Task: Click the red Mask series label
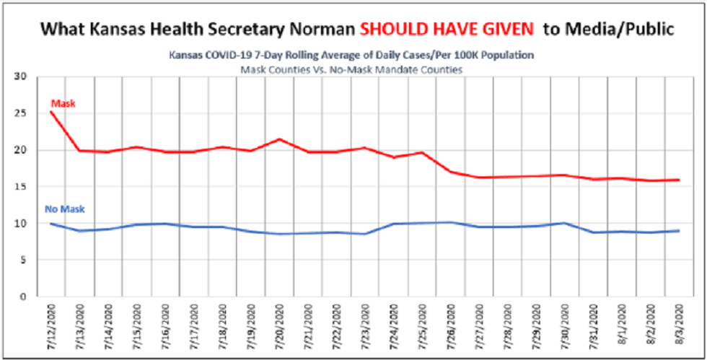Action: [63, 104]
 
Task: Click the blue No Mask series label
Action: [64, 209]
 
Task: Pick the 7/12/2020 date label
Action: [50, 325]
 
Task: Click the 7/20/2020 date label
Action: [280, 325]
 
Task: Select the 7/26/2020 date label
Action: [452, 325]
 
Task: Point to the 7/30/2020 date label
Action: [566, 325]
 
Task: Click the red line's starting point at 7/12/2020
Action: [50, 111]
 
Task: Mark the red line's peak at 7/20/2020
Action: [280, 139]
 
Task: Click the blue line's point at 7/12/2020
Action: [50, 224]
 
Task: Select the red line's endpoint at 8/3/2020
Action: [680, 180]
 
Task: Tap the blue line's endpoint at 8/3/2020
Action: [680, 231]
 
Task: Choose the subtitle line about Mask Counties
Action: [352, 69]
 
